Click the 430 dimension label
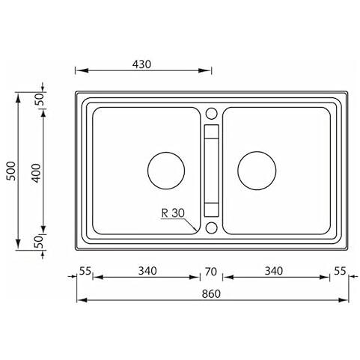(141, 64)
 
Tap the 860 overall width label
(211, 294)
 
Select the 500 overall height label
(11, 171)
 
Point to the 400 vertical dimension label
(37, 173)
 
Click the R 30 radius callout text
(173, 213)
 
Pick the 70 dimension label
(211, 272)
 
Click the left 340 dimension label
(147, 271)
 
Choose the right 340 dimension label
(274, 271)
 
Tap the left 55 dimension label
(85, 271)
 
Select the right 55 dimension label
(340, 271)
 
